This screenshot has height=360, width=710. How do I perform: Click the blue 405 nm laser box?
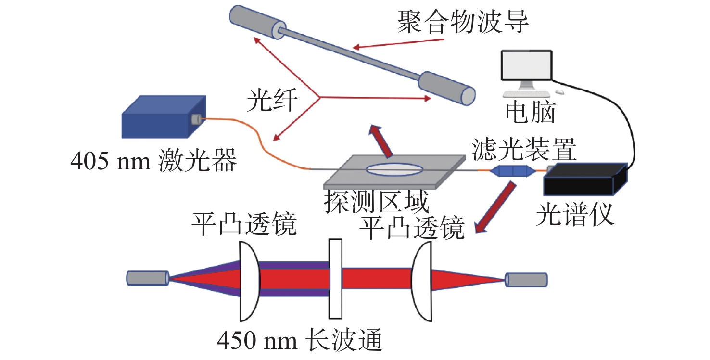[x=164, y=117]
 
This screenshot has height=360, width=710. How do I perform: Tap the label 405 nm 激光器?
[x=154, y=161]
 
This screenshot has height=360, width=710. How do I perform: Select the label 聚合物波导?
[x=463, y=22]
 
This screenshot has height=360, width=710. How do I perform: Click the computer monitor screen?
[x=526, y=65]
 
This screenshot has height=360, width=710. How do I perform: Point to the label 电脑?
[x=530, y=112]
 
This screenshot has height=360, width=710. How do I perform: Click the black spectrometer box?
[x=585, y=179]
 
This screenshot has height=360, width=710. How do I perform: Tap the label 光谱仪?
[x=575, y=215]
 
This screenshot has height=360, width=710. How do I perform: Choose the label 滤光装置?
[x=524, y=150]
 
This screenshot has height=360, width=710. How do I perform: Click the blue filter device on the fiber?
[x=512, y=171]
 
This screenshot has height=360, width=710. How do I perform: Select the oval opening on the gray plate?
[x=394, y=169]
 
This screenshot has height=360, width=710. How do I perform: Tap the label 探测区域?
[x=376, y=201]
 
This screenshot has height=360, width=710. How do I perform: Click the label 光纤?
[x=272, y=100]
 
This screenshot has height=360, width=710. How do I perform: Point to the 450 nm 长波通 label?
[x=300, y=340]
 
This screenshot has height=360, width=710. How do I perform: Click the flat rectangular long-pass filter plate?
[x=335, y=279]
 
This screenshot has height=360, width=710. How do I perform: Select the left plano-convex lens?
[x=250, y=282]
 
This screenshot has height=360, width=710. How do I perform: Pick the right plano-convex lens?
[x=422, y=282]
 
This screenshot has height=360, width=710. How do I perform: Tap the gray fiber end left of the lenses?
[x=148, y=278]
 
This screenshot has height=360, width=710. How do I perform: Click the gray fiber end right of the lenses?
[x=526, y=280]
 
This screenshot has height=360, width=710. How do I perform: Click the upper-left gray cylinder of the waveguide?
[x=257, y=22]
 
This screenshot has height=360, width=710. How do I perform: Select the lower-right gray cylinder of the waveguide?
[x=447, y=88]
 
